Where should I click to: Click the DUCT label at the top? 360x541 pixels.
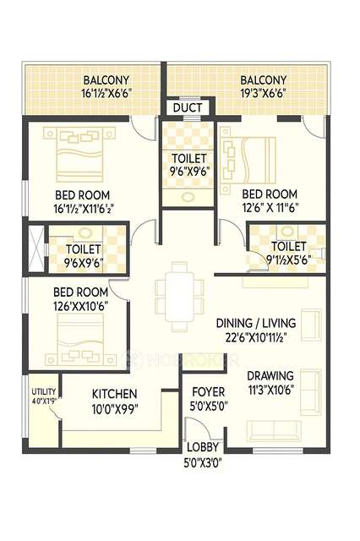(186, 107)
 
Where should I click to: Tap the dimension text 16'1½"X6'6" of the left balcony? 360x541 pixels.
(117, 96)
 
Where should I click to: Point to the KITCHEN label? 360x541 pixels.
(115, 394)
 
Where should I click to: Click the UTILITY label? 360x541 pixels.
(43, 392)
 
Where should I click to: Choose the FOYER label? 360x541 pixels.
(208, 392)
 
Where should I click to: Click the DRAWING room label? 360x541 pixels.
(270, 375)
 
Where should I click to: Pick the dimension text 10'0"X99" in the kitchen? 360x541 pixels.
(115, 408)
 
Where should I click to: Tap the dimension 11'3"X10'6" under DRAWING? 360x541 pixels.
(270, 390)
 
